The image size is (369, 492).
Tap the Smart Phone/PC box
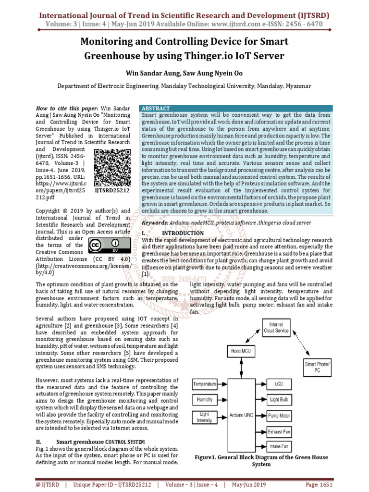tap(317, 367)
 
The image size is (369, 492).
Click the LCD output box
tap(279, 384)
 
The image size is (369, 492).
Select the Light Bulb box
tap(279, 399)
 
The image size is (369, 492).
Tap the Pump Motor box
tap(279, 415)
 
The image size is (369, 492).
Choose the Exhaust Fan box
tap(279, 431)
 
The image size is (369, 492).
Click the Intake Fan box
tap(279, 447)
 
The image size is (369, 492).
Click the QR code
tap(111, 167)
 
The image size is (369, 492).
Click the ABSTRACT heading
tap(156, 109)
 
